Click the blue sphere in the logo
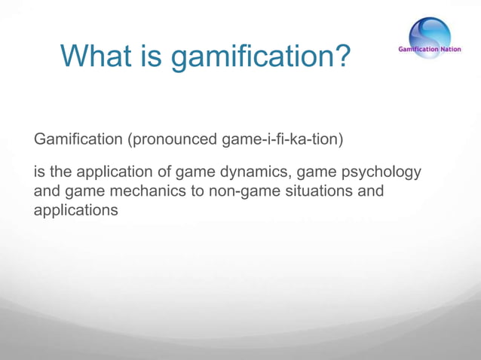430,33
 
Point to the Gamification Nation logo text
430,50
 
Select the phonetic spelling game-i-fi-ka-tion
283,139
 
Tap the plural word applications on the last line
75,210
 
